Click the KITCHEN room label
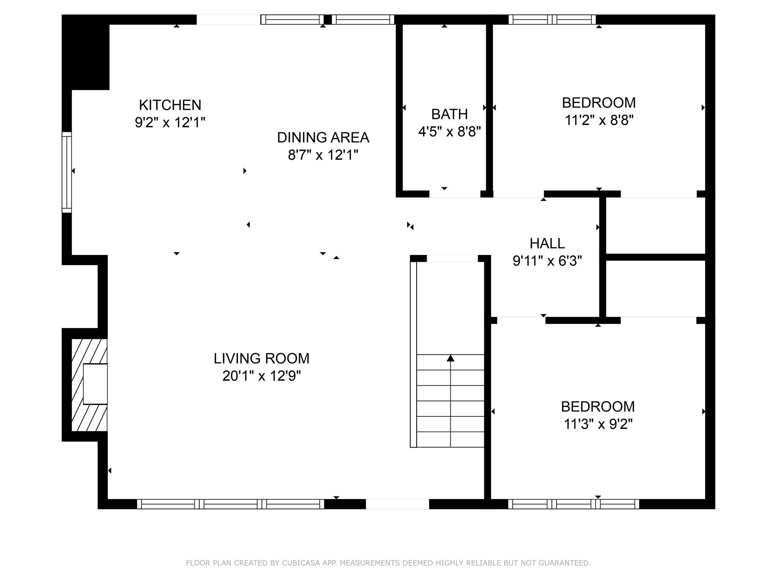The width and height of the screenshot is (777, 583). (x=170, y=105)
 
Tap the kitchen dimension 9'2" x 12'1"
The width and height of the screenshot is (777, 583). (x=170, y=123)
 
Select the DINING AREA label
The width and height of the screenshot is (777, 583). (x=323, y=137)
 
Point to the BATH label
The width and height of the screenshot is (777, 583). (x=449, y=114)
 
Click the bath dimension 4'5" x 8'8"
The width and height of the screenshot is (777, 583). (x=449, y=132)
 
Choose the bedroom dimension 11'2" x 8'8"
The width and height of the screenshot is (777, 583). (x=599, y=120)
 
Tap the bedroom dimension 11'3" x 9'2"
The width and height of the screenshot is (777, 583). (x=598, y=424)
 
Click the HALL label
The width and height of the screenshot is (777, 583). (x=547, y=243)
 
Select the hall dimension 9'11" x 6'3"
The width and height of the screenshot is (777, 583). (x=547, y=261)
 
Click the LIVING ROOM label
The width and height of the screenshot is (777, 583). (x=261, y=358)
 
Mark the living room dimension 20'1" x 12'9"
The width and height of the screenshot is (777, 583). (x=261, y=376)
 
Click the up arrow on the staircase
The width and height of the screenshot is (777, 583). (x=450, y=358)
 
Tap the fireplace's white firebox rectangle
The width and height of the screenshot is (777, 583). (x=95, y=384)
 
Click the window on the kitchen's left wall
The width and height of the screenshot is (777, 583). (x=67, y=172)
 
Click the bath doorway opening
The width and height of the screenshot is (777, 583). (x=455, y=194)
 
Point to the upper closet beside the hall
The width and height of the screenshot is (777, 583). (x=655, y=225)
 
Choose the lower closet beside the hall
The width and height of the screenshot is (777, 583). (x=655, y=288)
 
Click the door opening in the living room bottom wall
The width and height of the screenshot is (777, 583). (x=397, y=504)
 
